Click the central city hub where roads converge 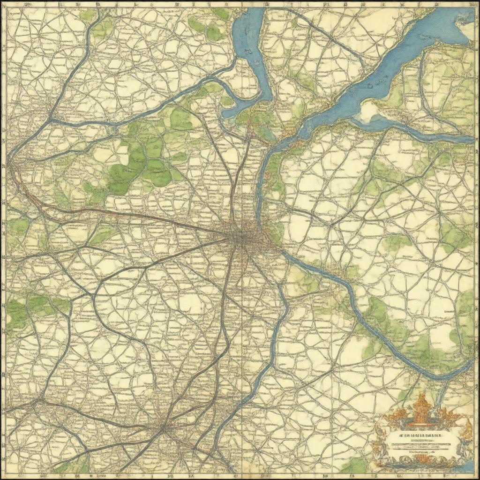(x=240, y=237)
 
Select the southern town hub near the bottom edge (x=163, y=427)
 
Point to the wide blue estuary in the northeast (x=398, y=66)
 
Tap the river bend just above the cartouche (x=441, y=375)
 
